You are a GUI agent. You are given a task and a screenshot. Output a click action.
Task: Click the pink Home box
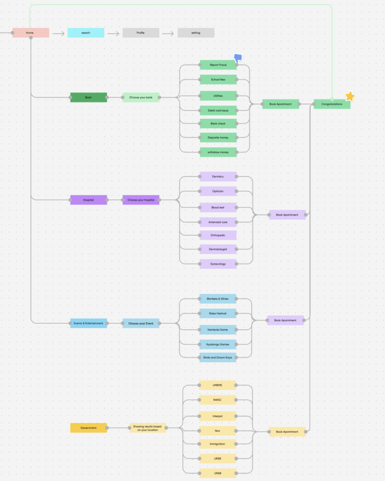[x=30, y=33]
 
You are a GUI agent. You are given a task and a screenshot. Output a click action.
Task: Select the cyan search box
[x=86, y=33]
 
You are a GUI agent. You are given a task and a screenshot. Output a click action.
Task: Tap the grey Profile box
[x=141, y=33]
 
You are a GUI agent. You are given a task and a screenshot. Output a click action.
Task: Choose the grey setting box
[x=196, y=33]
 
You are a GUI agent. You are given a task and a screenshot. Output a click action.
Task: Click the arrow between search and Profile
[x=113, y=34]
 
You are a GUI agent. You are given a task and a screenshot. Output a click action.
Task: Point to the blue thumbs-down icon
[x=238, y=58]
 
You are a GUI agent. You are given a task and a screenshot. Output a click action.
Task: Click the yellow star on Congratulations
[x=350, y=96]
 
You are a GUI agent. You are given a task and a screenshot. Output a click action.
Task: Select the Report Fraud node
[x=218, y=65]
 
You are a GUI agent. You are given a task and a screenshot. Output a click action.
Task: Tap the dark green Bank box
[x=89, y=98]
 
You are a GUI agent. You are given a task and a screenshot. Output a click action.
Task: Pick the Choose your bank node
[x=141, y=98]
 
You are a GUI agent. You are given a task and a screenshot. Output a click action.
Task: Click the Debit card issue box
[x=218, y=111]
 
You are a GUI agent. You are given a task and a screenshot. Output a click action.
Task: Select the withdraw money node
[x=218, y=152]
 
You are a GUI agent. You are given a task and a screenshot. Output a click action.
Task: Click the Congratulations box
[x=332, y=104]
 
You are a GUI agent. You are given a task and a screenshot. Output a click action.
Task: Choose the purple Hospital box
[x=89, y=200]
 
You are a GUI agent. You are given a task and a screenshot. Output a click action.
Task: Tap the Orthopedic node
[x=218, y=235]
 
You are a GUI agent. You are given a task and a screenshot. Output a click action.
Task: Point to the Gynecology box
[x=218, y=264]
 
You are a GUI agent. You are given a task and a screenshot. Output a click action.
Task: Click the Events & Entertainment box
[x=89, y=323]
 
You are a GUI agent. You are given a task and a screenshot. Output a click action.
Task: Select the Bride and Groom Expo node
[x=218, y=358]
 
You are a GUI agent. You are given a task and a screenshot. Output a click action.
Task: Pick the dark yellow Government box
[x=89, y=428]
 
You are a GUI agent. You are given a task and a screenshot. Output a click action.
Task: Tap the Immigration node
[x=218, y=444]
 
